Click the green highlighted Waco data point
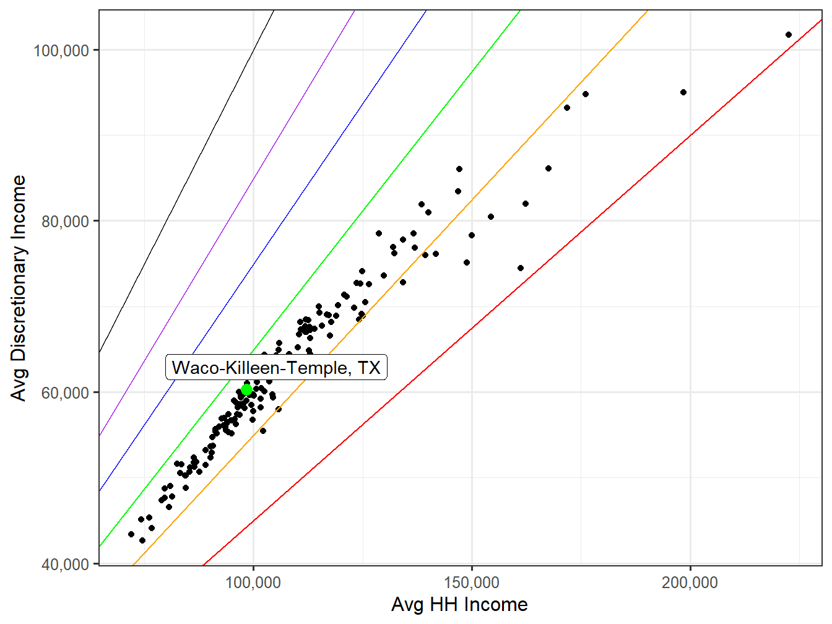tap(246, 389)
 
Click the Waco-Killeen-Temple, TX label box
tap(276, 368)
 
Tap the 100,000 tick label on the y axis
tap(61, 50)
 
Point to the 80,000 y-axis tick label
tap(65, 221)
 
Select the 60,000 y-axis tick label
tap(65, 392)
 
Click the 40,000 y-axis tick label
tap(65, 564)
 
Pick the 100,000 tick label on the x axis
tap(253, 583)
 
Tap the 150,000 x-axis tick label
tap(472, 583)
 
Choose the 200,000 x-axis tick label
tap(690, 583)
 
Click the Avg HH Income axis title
tap(459, 605)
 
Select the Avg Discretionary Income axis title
tap(19, 288)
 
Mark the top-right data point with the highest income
tap(788, 35)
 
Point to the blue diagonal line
tap(310, 186)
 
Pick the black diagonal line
tap(186, 186)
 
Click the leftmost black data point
tap(131, 534)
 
